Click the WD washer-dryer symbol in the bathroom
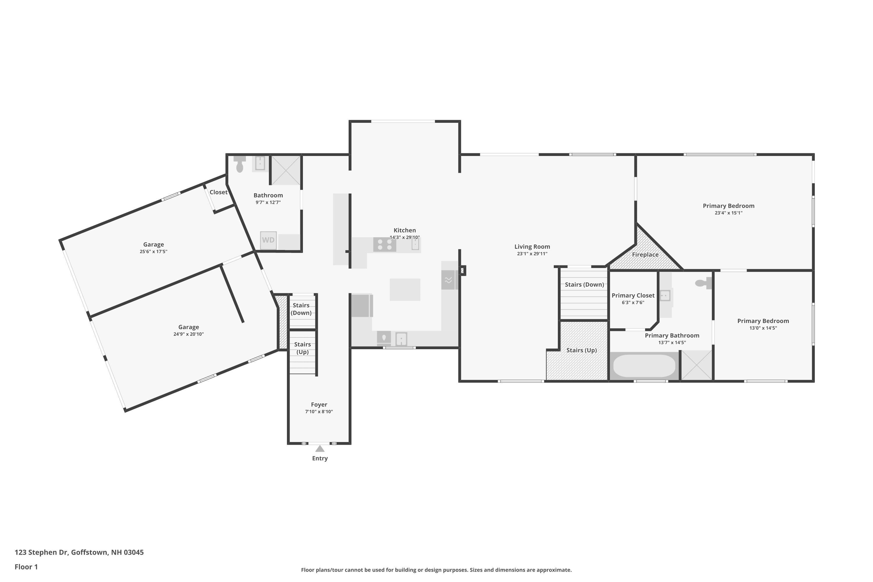[268, 240]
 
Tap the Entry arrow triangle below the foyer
[320, 449]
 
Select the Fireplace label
[645, 255]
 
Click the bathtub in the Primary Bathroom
[644, 366]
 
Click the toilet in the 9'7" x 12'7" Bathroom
[240, 166]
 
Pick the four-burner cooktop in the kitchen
[384, 245]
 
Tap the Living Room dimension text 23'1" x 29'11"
[532, 254]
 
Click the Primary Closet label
[633, 295]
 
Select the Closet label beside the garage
[218, 192]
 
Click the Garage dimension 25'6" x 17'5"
[153, 252]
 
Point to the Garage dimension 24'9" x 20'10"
[188, 334]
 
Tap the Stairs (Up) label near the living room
[581, 350]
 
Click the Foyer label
[319, 404]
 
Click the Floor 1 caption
[26, 567]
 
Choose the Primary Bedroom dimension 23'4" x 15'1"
[728, 213]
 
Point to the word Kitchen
[404, 230]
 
